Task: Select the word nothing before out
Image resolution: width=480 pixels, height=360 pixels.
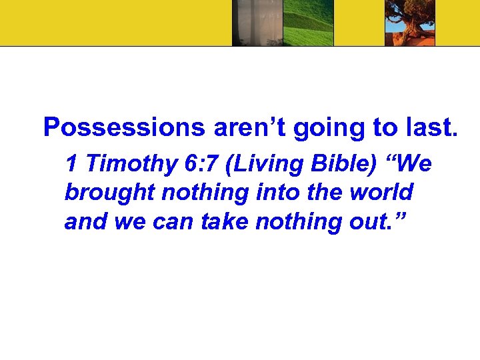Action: [x=291, y=222]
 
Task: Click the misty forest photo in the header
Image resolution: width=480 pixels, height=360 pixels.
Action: [x=257, y=23]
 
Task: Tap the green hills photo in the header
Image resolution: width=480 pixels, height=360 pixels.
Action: [x=308, y=23]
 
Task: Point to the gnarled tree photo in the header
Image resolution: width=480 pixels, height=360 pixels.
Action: [x=410, y=23]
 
